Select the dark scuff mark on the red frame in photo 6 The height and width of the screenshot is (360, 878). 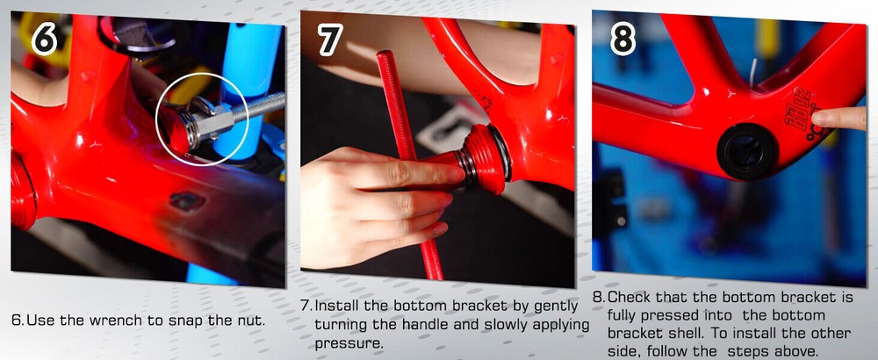[x=186, y=201]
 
